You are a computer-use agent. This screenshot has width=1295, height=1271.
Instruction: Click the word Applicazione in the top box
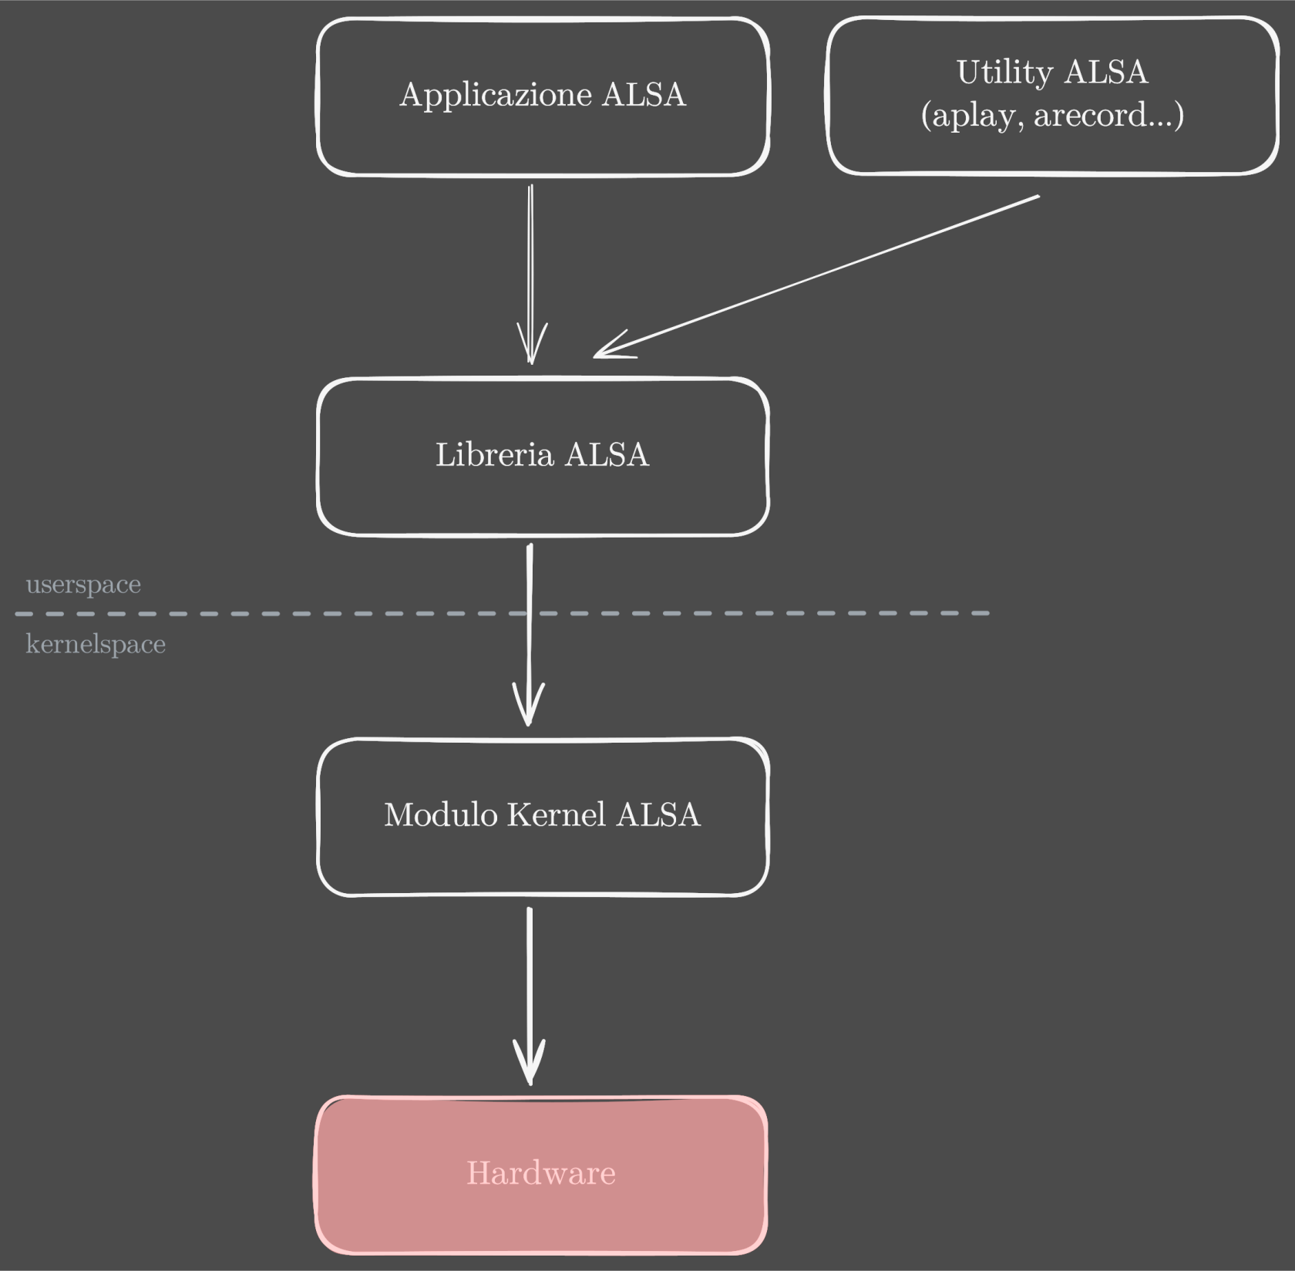[496, 96]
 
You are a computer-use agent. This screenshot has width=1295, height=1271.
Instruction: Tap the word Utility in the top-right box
[1004, 73]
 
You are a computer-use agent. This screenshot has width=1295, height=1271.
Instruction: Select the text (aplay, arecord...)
[1052, 116]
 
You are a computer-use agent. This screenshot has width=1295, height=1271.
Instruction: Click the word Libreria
[494, 455]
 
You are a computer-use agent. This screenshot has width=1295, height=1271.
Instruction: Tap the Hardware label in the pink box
[541, 1173]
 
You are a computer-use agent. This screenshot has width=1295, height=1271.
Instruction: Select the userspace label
[83, 585]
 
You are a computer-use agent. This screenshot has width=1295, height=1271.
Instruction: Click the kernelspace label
[96, 644]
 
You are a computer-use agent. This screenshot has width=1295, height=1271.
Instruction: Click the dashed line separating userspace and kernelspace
[308, 614]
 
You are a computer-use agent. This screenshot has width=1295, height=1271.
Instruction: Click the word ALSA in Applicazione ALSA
[644, 96]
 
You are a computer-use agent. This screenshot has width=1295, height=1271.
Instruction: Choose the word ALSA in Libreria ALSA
[607, 455]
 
